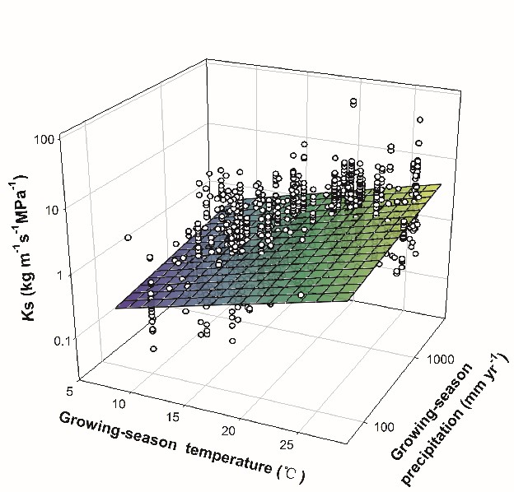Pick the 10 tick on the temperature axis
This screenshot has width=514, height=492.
120,403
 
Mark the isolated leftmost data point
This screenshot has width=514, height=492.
128,238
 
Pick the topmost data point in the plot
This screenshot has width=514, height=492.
353,101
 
